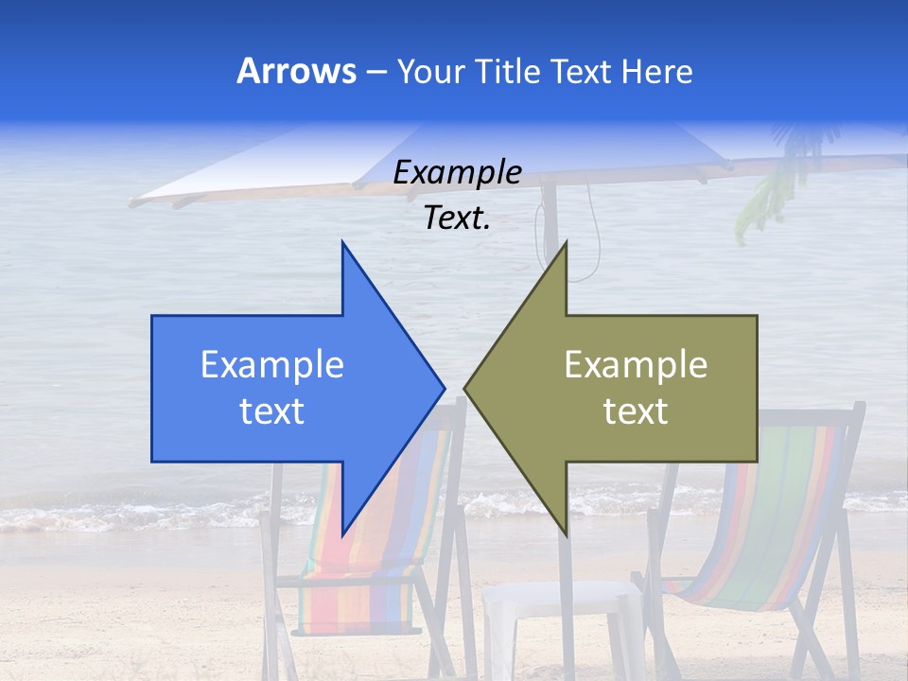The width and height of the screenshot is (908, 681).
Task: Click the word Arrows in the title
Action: point(297,71)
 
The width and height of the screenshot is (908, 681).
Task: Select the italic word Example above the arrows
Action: point(457,173)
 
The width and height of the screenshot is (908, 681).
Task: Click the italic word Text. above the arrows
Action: point(457,218)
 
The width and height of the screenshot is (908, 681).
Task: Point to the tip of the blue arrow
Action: point(443,387)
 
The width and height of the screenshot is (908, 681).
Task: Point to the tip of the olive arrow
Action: point(466,387)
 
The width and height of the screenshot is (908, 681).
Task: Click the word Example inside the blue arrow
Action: point(272,365)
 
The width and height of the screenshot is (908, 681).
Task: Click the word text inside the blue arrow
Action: point(272,411)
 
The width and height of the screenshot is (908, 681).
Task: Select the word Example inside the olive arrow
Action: point(636,365)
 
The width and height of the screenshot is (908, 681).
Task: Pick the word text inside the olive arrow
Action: point(636,411)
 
